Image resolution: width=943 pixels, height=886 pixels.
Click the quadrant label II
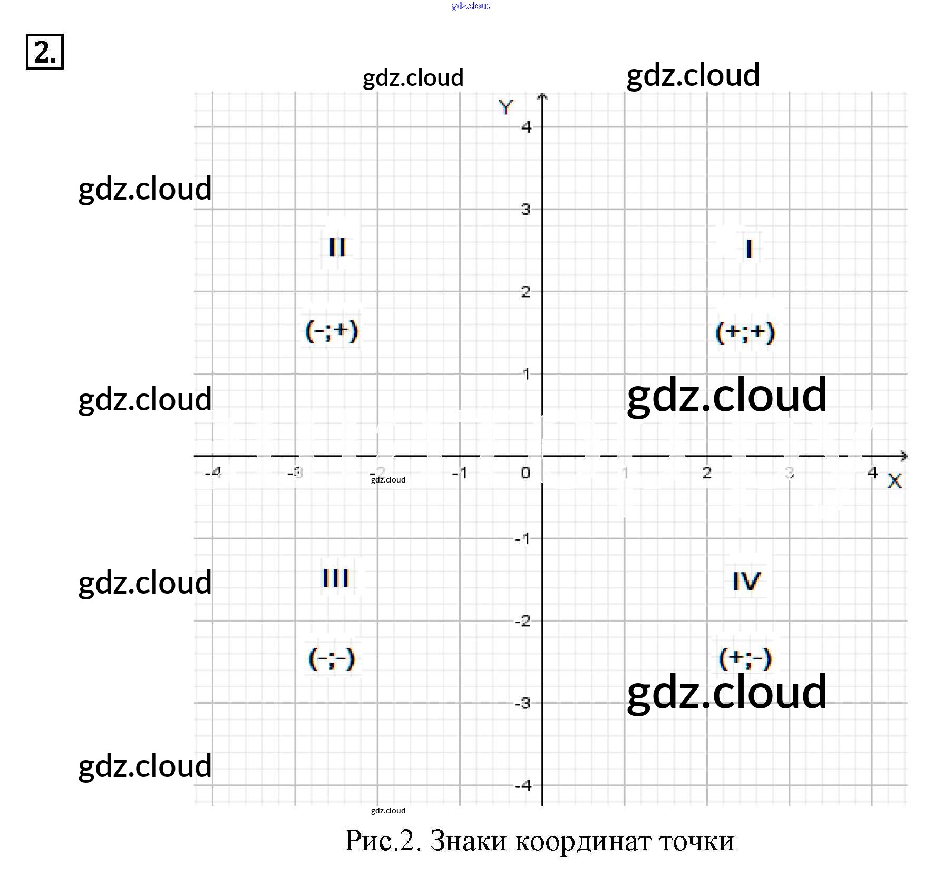(x=337, y=247)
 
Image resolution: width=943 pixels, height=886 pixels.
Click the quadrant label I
(x=748, y=249)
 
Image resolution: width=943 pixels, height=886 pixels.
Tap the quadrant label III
(x=335, y=578)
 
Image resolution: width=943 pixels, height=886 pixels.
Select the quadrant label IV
(x=746, y=582)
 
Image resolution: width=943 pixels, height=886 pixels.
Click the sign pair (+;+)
(x=745, y=332)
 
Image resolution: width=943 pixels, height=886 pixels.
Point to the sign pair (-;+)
(x=332, y=331)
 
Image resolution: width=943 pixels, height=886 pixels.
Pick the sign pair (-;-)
(x=332, y=658)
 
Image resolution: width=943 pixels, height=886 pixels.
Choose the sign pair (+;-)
(x=745, y=658)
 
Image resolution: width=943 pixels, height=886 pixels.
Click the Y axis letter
(x=505, y=107)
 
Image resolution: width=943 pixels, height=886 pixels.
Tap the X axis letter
(x=895, y=481)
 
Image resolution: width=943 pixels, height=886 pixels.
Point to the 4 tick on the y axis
(x=526, y=126)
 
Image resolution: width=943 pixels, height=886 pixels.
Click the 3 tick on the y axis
(x=526, y=209)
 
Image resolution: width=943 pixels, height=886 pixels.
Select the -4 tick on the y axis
(x=523, y=785)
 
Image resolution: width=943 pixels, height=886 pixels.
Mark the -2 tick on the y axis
(x=523, y=621)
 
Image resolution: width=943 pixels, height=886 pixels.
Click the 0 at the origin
(x=526, y=472)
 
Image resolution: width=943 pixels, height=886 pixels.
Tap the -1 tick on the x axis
(x=460, y=473)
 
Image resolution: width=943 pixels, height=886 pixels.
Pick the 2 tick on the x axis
(x=707, y=472)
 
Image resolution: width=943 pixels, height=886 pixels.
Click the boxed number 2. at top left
(x=45, y=52)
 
